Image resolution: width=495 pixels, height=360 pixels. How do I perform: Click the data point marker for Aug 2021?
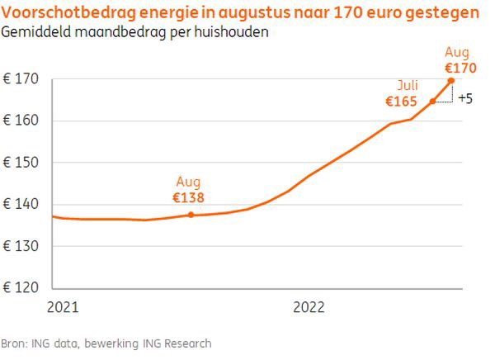click(x=191, y=215)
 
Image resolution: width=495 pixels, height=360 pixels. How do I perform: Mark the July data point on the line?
click(x=432, y=102)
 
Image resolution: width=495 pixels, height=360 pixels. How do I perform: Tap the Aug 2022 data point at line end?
click(x=451, y=80)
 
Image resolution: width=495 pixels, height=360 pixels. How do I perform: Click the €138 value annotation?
click(x=188, y=197)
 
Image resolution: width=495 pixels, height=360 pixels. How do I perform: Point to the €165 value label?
click(x=402, y=102)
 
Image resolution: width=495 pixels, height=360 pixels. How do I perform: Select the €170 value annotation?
click(x=460, y=68)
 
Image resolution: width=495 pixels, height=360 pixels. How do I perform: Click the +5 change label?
click(x=465, y=99)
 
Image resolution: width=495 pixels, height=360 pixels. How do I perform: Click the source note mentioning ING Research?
click(x=106, y=343)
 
